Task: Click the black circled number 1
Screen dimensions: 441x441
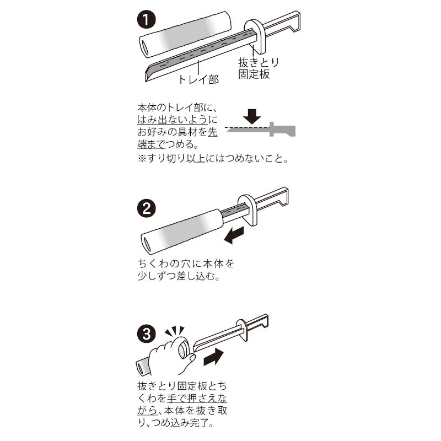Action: pyautogui.click(x=146, y=19)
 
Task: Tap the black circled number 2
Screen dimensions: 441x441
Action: pyautogui.click(x=147, y=209)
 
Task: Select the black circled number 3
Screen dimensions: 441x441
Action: pyautogui.click(x=146, y=335)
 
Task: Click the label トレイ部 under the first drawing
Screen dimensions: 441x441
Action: pyautogui.click(x=198, y=79)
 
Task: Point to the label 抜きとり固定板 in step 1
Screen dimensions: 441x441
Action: pyautogui.click(x=258, y=68)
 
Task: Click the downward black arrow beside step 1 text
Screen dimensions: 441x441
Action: pyautogui.click(x=252, y=116)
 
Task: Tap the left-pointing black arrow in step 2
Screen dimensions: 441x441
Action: pyautogui.click(x=234, y=236)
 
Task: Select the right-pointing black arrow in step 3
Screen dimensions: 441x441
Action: pyautogui.click(x=213, y=357)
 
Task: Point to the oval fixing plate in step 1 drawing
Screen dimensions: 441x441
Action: pyautogui.click(x=255, y=36)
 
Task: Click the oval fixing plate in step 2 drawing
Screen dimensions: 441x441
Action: pyautogui.click(x=247, y=211)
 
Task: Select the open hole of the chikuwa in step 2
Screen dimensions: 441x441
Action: pyautogui.click(x=147, y=244)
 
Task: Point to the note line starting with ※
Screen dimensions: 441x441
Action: pyautogui.click(x=213, y=158)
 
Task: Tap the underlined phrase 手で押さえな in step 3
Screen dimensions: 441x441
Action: pyautogui.click(x=197, y=398)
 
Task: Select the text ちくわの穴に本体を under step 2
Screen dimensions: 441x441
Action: pyautogui.click(x=186, y=264)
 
